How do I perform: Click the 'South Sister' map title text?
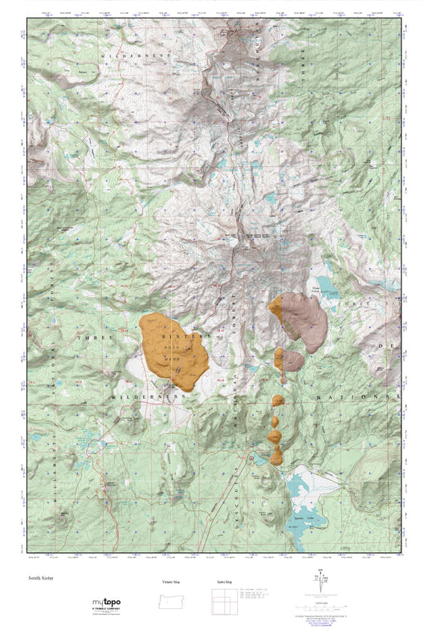(x=41, y=577)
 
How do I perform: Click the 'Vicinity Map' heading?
(x=165, y=582)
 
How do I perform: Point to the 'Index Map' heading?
(x=226, y=582)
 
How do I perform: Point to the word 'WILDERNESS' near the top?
(x=137, y=54)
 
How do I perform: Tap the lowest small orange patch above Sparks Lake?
(x=277, y=457)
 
